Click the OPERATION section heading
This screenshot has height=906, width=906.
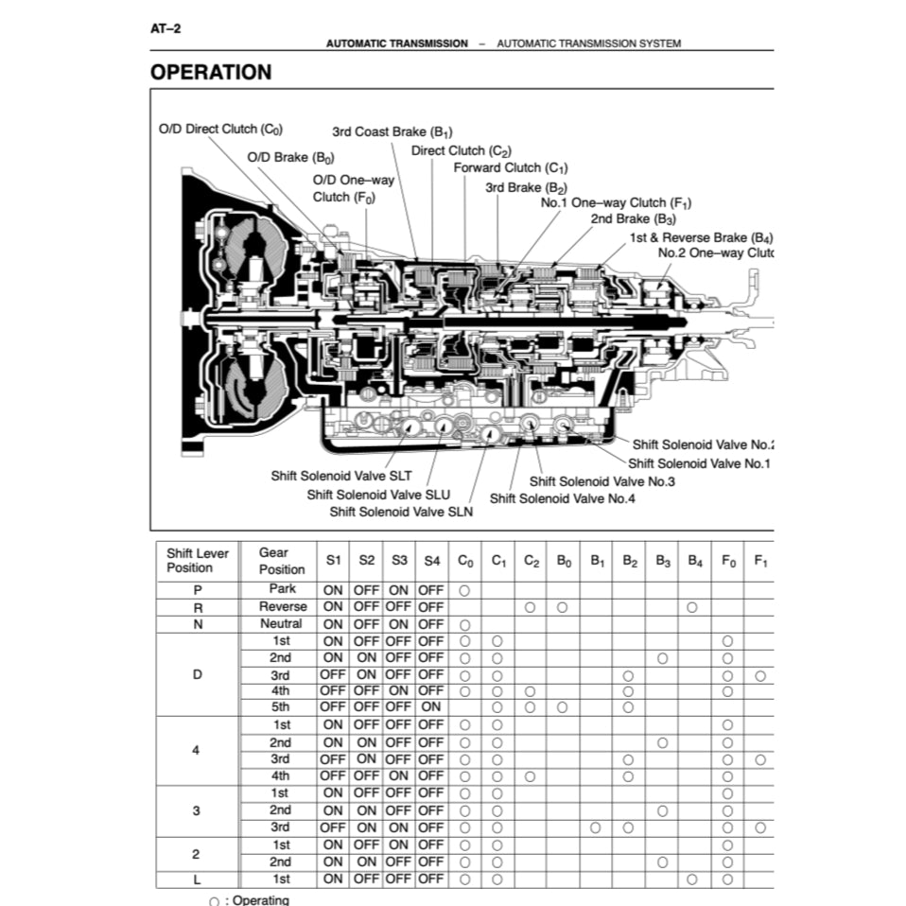(x=211, y=72)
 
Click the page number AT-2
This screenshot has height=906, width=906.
(x=166, y=28)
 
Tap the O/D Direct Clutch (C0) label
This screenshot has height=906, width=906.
(x=219, y=129)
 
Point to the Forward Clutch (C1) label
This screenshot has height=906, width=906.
(x=510, y=168)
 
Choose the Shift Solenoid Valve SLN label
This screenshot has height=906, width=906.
(x=401, y=512)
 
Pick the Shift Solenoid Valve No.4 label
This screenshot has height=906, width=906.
(x=562, y=497)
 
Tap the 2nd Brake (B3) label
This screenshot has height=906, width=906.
(x=633, y=218)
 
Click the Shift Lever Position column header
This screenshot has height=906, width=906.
(x=197, y=560)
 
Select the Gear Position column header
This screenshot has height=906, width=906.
(x=282, y=560)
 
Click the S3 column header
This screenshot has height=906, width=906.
(x=399, y=560)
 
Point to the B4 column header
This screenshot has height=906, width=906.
(x=694, y=560)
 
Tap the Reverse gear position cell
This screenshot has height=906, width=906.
(x=282, y=606)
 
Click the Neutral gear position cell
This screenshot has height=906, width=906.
(x=282, y=623)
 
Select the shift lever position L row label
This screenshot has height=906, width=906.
(x=196, y=879)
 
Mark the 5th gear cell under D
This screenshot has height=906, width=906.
(x=282, y=706)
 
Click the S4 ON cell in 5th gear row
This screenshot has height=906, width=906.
(x=431, y=706)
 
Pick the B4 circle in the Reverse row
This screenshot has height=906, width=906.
(x=692, y=607)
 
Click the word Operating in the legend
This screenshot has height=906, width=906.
(x=261, y=899)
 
